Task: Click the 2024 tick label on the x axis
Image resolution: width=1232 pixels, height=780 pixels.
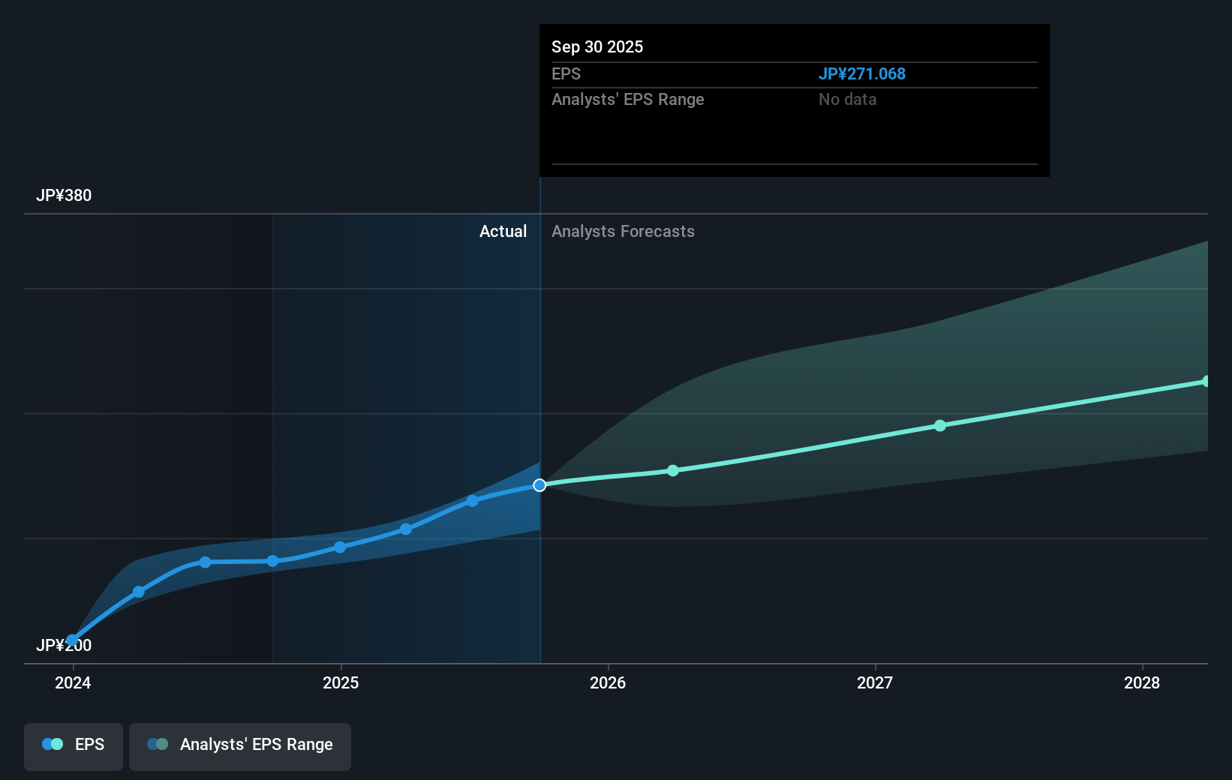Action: click(73, 682)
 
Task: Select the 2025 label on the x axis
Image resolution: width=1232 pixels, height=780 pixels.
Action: click(341, 682)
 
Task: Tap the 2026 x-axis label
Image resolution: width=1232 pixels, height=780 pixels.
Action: click(608, 682)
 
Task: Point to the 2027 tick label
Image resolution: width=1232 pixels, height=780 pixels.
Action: click(875, 682)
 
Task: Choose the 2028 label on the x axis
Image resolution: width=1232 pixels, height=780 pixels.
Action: click(1142, 682)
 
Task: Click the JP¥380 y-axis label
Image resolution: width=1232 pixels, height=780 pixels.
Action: click(64, 196)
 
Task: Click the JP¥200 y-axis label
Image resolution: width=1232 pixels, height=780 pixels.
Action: click(64, 645)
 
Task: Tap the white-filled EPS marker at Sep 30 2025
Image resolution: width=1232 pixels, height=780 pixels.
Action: click(539, 485)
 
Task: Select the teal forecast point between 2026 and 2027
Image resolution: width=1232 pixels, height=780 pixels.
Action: click(673, 470)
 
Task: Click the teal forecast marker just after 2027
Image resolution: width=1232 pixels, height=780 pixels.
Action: click(940, 425)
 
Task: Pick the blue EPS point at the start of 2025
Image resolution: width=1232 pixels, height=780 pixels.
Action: click(340, 547)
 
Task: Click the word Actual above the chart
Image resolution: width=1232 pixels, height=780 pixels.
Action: click(503, 231)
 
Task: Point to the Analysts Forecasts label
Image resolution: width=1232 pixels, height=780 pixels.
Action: click(623, 231)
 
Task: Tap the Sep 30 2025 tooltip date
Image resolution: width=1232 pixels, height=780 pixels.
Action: click(597, 46)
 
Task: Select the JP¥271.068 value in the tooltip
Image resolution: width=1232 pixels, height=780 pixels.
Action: click(861, 73)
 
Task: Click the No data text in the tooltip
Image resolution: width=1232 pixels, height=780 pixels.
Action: click(847, 99)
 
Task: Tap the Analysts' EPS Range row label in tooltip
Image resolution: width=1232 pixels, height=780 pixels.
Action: click(628, 99)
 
